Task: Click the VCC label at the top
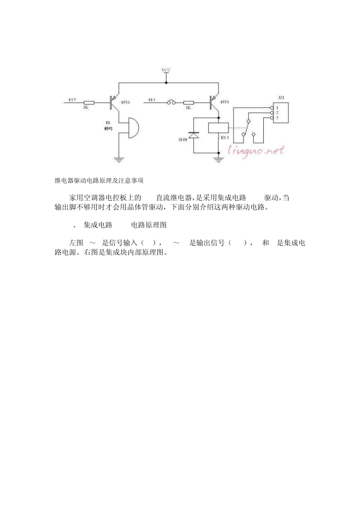pos(166,70)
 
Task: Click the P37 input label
pos(72,100)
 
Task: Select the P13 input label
pos(152,100)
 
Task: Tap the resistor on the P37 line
pos(89,103)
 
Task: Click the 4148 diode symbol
pos(194,135)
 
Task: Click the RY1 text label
pos(225,137)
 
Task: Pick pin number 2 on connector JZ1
pos(277,113)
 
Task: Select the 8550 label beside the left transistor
pos(125,103)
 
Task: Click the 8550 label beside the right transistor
pos(225,102)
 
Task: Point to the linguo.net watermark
pos(256,150)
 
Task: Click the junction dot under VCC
pos(166,83)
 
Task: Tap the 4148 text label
pos(182,140)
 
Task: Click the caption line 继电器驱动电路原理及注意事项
pos(99,181)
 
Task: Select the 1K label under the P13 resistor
pos(188,108)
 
